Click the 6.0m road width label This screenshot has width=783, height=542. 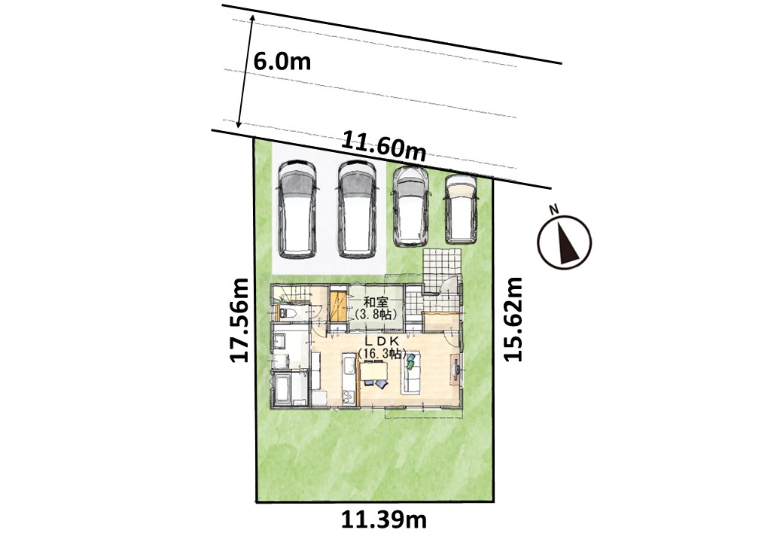(282, 62)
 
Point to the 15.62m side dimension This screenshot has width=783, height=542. (513, 319)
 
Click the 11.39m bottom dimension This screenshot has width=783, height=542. (384, 520)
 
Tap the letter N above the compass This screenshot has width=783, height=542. (553, 210)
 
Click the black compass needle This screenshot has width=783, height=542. (567, 244)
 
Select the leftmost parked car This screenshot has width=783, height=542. (297, 209)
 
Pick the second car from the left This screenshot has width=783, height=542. (357, 209)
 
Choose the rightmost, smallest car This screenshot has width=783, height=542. (461, 209)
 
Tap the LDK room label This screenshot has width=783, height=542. (381, 341)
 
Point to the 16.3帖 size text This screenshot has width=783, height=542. (381, 353)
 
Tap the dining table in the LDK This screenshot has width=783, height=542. (373, 371)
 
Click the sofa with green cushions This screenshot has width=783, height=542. (413, 373)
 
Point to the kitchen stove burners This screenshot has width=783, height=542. (348, 396)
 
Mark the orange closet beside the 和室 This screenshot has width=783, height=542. (338, 306)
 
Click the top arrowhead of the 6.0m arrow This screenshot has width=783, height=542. (252, 19)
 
